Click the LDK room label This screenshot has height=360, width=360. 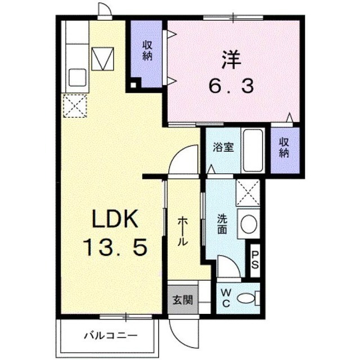click(x=115, y=218)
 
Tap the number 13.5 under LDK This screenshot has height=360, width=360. click(x=116, y=247)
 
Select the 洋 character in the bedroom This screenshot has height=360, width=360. click(x=231, y=60)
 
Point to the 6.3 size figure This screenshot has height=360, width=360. click(x=231, y=85)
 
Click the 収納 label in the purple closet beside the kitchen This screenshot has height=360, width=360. click(x=147, y=51)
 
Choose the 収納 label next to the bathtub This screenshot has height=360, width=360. click(x=284, y=147)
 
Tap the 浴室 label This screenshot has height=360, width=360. click(x=223, y=147)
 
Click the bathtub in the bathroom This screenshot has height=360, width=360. click(x=253, y=151)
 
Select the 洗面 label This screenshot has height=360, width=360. click(x=222, y=224)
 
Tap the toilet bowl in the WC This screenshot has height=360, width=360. click(x=246, y=298)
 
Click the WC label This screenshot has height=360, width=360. click(x=226, y=298)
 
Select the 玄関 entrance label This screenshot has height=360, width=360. click(x=183, y=300)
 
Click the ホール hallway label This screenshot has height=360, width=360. click(x=183, y=231)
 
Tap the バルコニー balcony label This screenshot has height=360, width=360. click(x=111, y=336)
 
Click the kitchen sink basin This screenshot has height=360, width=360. click(x=78, y=78)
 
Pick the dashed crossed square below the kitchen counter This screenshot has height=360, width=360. click(x=75, y=106)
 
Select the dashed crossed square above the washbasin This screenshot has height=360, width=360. click(x=248, y=193)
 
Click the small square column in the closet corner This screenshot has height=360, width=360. click(x=133, y=85)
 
